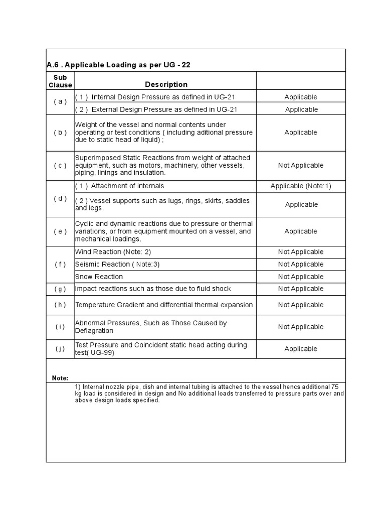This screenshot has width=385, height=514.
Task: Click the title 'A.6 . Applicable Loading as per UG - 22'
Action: tap(118, 65)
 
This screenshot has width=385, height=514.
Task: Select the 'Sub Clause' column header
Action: tap(60, 81)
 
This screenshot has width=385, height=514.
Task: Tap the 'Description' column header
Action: tap(166, 84)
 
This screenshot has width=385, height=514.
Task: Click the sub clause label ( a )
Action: tap(60, 101)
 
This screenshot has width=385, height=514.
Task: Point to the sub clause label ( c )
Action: tap(60, 166)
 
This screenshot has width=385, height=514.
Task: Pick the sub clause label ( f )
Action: tap(60, 264)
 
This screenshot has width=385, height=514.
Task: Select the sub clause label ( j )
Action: tap(60, 349)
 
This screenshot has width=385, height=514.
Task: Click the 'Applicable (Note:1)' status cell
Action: tap(301, 186)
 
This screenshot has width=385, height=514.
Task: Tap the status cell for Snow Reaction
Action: tap(301, 277)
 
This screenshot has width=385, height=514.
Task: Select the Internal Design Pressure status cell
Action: tap(301, 97)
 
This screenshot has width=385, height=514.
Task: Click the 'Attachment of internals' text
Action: tap(127, 186)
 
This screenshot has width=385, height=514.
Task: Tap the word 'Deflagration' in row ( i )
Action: tap(94, 331)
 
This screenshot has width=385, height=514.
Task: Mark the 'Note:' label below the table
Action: tap(60, 378)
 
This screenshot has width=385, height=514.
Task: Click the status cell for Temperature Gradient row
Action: tap(301, 305)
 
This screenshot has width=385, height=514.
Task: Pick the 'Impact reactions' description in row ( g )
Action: tap(153, 289)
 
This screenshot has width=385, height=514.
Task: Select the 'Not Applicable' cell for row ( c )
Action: tap(301, 166)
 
